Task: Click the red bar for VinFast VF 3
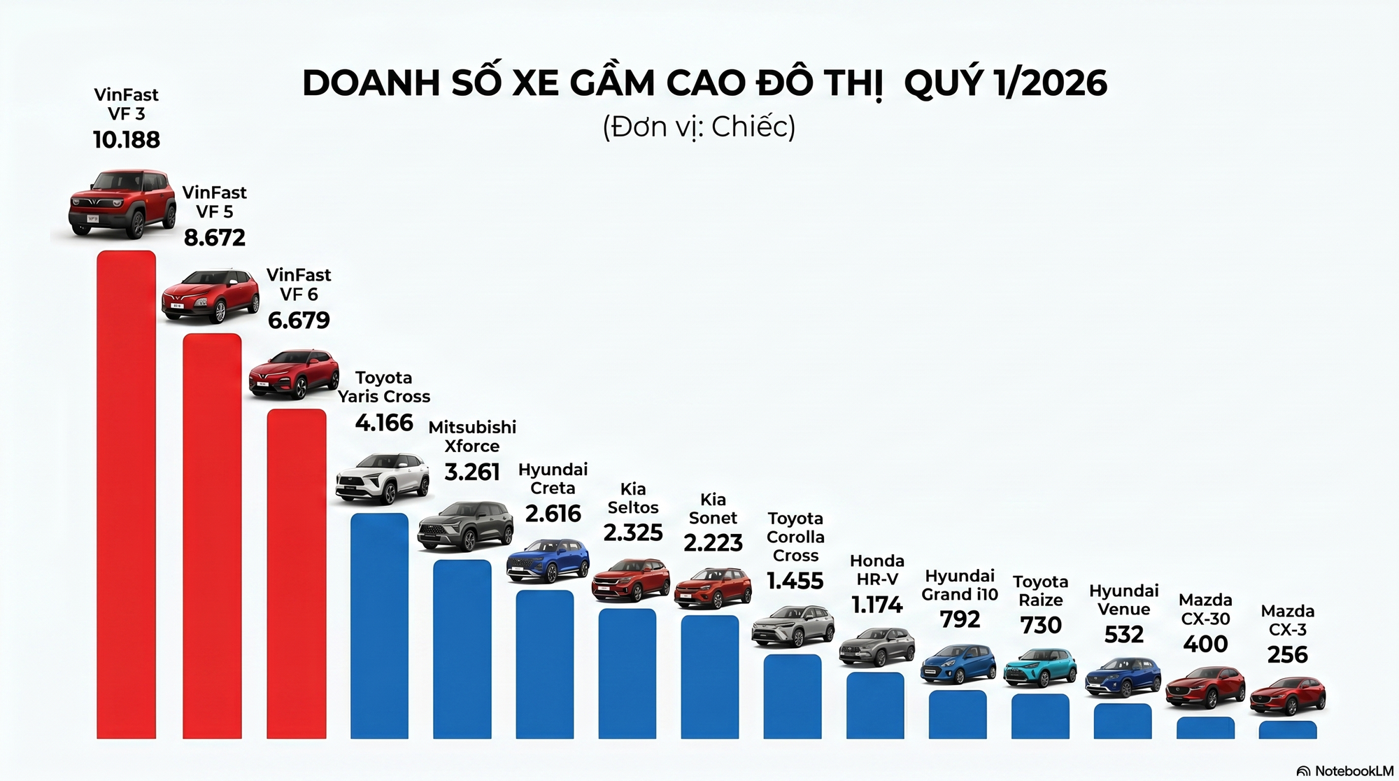pos(126,493)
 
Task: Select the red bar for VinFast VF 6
pos(297,574)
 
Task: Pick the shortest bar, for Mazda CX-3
pos(1288,730)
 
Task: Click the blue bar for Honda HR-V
pos(875,705)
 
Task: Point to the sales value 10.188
pos(127,140)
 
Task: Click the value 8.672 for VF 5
pos(215,238)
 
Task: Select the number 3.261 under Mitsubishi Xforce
pos(472,472)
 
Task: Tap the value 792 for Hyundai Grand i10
pos(960,619)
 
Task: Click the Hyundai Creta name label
pos(553,479)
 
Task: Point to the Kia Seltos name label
pos(633,498)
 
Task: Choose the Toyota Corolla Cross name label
pos(795,537)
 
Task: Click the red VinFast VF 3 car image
pos(122,203)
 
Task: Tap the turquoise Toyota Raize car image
pos(1040,668)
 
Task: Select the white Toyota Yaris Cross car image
pos(383,479)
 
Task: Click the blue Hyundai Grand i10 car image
pos(958,664)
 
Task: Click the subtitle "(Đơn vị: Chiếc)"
pos(699,127)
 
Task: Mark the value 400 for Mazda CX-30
pos(1205,643)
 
